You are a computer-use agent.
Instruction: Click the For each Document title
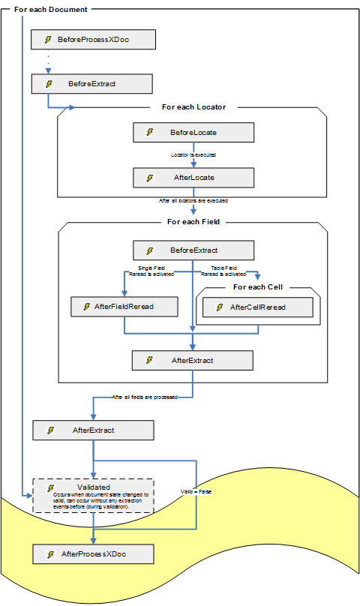50,9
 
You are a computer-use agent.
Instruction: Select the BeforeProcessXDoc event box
93,39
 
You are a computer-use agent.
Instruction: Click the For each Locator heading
193,107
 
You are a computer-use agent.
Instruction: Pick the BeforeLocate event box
193,133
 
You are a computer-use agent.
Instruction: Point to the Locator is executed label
193,155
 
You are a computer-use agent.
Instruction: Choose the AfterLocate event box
193,178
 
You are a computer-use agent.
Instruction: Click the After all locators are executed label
193,201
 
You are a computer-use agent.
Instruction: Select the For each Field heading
193,222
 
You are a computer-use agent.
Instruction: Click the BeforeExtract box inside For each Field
193,250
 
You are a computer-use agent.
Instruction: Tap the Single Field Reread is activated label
156,271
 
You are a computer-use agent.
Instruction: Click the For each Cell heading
258,287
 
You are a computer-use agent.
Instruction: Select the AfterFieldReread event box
124,307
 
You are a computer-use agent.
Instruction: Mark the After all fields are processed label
145,397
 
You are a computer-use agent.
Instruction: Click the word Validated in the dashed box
93,487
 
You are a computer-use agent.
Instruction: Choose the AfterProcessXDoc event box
93,553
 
